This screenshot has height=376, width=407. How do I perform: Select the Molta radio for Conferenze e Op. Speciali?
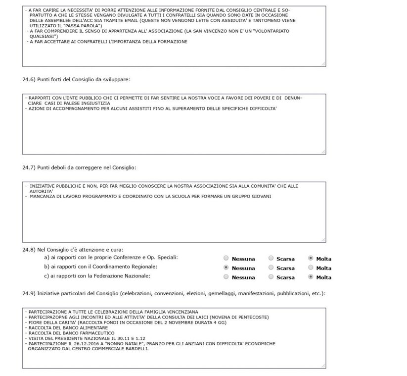pos(311,258)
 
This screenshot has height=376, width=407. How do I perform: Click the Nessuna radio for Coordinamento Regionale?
pos(226,268)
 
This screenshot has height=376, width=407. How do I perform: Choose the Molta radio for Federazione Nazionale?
pos(311,277)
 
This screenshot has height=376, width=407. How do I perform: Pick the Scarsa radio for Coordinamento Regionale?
pos(271,268)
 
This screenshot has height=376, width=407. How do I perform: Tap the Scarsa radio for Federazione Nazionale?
pos(271,277)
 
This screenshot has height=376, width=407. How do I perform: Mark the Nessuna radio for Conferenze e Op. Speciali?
pos(226,258)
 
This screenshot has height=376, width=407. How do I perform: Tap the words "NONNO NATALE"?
pos(122,343)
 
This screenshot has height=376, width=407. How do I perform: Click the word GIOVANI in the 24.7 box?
pos(263,196)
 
